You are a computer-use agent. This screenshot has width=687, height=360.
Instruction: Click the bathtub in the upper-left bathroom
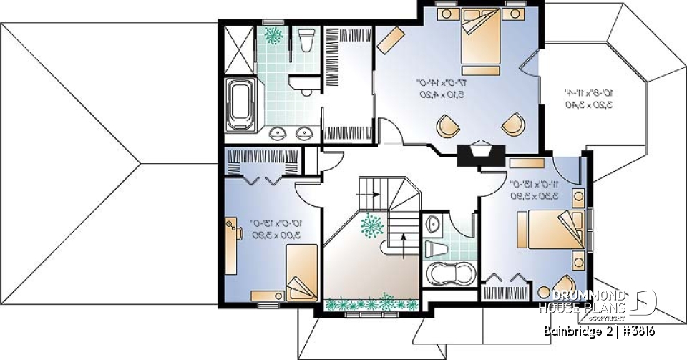[x=238, y=104]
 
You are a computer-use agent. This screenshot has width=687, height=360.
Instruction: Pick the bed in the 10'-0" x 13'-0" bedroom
[x=301, y=272]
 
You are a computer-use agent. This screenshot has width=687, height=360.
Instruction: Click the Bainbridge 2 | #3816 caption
[x=598, y=331]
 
